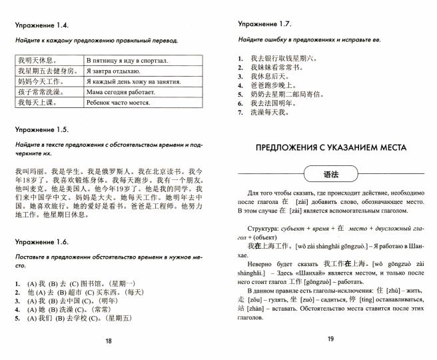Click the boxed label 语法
click(x=331, y=174)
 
